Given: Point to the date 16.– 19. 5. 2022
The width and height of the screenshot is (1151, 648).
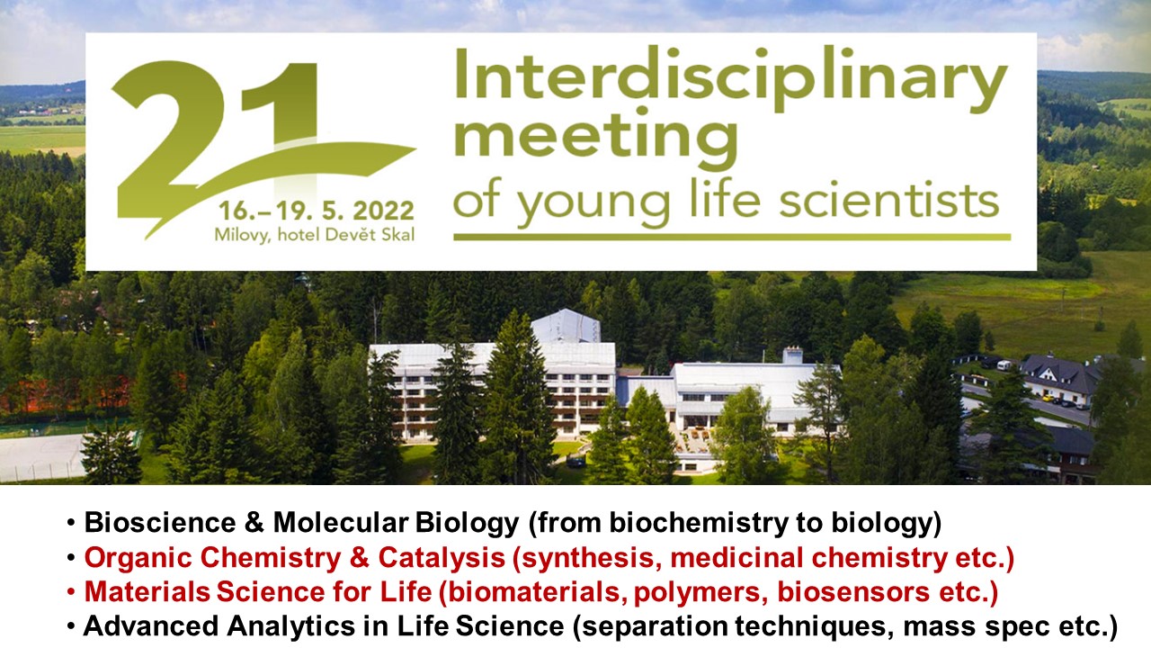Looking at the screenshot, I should (315, 211).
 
